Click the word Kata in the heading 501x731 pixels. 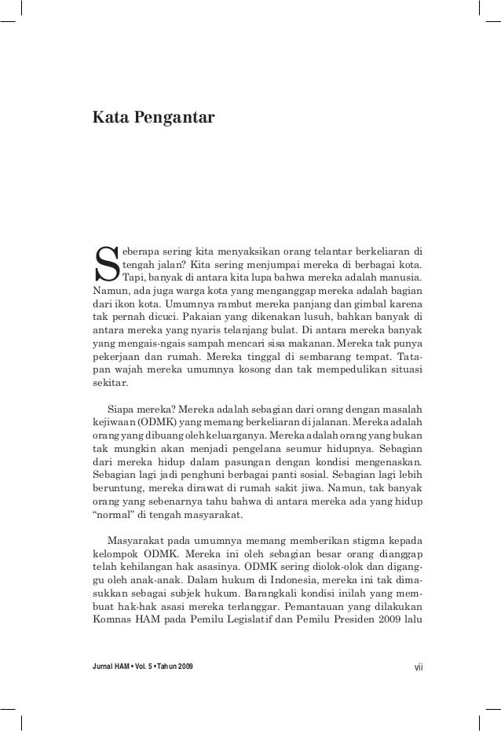click(x=108, y=118)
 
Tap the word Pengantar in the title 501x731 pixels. click(x=172, y=119)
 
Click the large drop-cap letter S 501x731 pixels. click(x=105, y=266)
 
